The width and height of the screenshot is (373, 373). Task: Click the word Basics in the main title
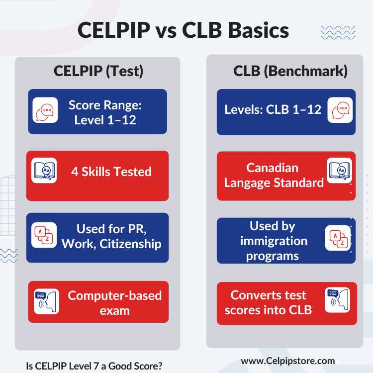pos(258,30)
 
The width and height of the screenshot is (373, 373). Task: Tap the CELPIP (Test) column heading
pos(98,71)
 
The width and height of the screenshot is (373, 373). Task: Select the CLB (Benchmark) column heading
pos(290,71)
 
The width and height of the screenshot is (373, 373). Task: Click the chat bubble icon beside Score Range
pos(45,110)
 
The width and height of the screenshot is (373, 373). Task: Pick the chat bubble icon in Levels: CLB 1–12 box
pos(340,110)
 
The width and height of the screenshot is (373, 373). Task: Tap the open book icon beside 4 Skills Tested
pos(44,170)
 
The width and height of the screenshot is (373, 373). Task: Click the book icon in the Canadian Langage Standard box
pos(339,170)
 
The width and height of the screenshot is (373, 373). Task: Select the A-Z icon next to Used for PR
pos(44,235)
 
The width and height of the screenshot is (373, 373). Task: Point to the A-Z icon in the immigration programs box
pos(338,238)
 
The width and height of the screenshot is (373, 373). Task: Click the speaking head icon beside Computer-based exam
pos(46,301)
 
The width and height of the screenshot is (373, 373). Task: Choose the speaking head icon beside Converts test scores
pos(337,300)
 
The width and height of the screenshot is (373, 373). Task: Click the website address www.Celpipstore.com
pos(288,361)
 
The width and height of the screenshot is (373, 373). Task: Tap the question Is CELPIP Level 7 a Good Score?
pos(94,366)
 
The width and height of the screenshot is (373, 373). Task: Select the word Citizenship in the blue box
pos(130,244)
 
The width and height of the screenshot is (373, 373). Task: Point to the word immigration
pos(274,241)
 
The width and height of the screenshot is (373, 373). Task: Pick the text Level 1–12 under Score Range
pos(105,120)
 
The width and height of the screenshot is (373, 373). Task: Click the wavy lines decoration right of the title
pos(338,33)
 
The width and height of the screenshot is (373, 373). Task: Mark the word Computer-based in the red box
pos(115,296)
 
